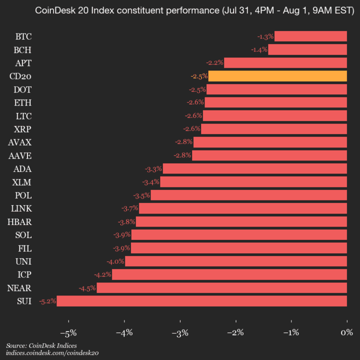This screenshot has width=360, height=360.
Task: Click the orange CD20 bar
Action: click(x=277, y=76)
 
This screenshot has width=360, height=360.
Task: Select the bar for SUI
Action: click(x=202, y=301)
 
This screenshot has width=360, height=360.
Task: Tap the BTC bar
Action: click(x=310, y=36)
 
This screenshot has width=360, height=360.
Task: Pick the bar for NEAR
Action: click(x=221, y=287)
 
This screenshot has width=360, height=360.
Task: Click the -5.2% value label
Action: click(x=47, y=301)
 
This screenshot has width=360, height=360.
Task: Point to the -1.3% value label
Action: click(x=265, y=36)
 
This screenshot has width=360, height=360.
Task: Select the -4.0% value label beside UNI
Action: click(x=115, y=261)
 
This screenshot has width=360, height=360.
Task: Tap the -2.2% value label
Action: click(x=214, y=63)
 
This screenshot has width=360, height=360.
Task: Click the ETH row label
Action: click(x=23, y=102)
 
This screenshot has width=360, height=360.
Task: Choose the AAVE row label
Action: click(x=20, y=155)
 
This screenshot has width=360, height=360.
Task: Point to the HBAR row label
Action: click(x=20, y=221)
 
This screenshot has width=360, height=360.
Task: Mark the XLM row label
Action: click(x=22, y=182)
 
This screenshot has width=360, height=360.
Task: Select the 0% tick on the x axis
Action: click(x=346, y=332)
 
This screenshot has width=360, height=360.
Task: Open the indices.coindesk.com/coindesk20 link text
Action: click(x=52, y=352)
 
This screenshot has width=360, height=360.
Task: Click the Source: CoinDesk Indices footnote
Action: click(x=41, y=345)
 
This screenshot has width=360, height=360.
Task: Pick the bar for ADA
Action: click(x=255, y=168)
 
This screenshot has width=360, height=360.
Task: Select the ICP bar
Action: click(x=229, y=274)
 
